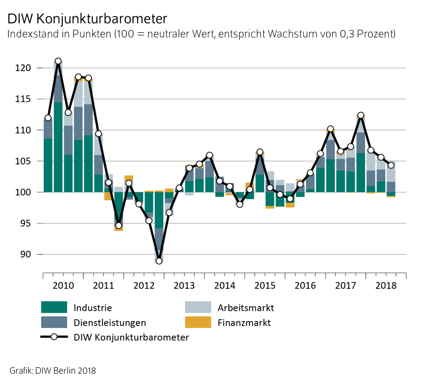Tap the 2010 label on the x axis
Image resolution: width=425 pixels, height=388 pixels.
pos(63,285)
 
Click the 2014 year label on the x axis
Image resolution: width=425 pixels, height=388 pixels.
pos(225,285)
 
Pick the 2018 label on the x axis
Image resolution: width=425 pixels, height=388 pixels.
pos(386,285)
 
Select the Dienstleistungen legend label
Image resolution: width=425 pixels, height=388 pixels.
pos(110,323)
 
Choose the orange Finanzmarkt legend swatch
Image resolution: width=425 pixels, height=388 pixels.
pos(198,323)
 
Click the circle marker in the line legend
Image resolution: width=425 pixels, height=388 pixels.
pos(54,337)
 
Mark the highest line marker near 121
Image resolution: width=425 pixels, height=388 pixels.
pos(58,61)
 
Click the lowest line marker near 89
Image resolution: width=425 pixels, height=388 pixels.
pos(159,261)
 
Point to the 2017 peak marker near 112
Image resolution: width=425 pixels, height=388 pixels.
pos(361,115)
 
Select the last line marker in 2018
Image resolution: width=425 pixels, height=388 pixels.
pos(391,165)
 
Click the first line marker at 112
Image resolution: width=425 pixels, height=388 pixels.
pos(48,118)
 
